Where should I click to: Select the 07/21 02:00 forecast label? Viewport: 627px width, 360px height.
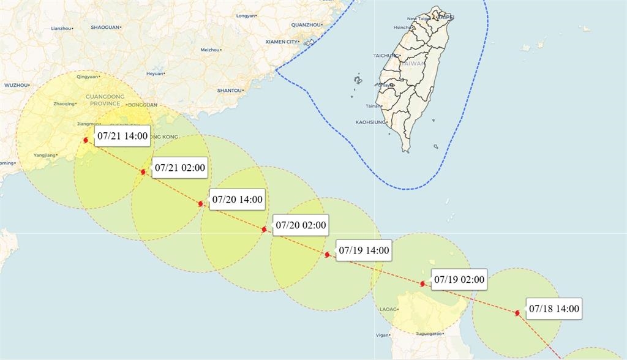(180, 167)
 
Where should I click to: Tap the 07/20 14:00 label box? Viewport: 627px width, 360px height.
(237, 199)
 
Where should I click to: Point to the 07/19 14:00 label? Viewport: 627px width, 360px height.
(364, 250)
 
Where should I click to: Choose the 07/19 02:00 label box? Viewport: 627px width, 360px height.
(459, 280)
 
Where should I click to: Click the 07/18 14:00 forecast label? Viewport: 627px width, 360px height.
(554, 309)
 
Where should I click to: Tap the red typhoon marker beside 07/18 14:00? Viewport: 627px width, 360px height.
(517, 313)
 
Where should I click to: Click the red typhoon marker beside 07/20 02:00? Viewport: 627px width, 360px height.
(264, 229)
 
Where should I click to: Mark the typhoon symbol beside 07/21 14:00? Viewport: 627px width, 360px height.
(85, 140)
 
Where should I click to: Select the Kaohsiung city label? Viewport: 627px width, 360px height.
(370, 122)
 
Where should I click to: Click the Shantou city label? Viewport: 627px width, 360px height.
(230, 91)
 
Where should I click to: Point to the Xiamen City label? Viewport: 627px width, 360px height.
(282, 42)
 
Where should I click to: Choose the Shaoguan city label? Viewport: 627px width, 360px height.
(105, 27)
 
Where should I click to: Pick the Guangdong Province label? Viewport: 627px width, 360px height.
(105, 100)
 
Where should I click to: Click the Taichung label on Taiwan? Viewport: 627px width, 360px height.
(386, 56)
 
